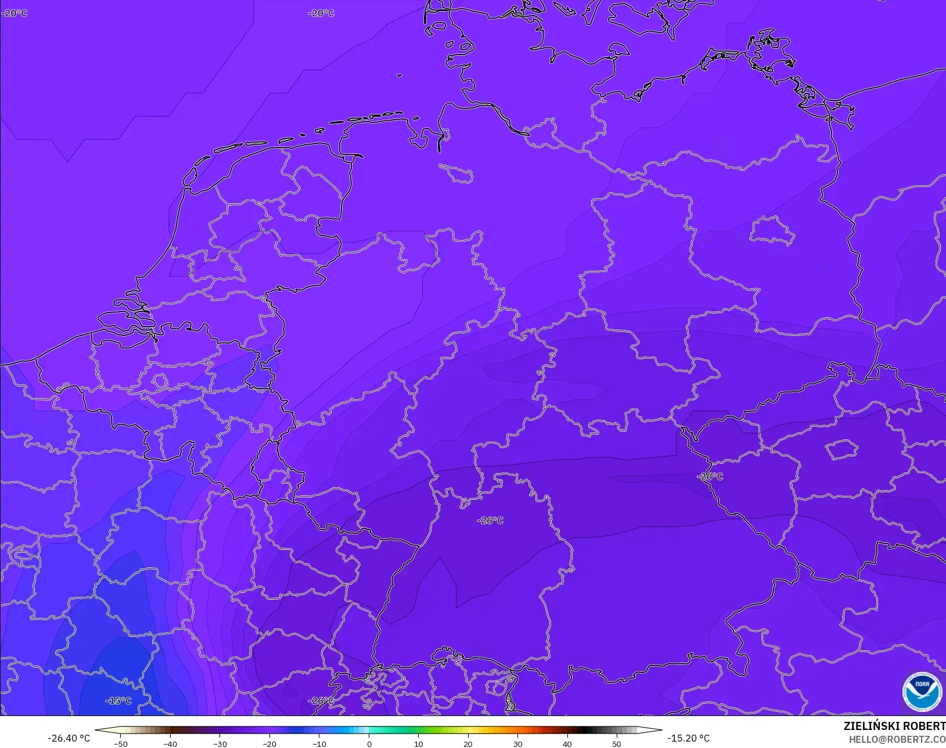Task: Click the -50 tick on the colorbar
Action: pyautogui.click(x=121, y=743)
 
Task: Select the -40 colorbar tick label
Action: pyautogui.click(x=170, y=743)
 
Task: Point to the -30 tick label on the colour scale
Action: pyautogui.click(x=220, y=743)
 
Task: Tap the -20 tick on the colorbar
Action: pyautogui.click(x=269, y=743)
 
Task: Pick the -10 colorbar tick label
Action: pyautogui.click(x=319, y=743)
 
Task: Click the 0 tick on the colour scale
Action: pyautogui.click(x=369, y=743)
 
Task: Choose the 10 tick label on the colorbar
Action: pyautogui.click(x=418, y=743)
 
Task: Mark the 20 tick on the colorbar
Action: pyautogui.click(x=468, y=743)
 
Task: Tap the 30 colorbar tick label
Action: pyautogui.click(x=517, y=743)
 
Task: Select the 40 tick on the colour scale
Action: pyautogui.click(x=567, y=743)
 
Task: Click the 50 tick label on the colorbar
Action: pyautogui.click(x=617, y=743)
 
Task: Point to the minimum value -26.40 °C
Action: pyautogui.click(x=69, y=738)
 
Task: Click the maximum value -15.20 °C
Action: pyautogui.click(x=688, y=738)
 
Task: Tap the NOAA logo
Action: pyautogui.click(x=922, y=690)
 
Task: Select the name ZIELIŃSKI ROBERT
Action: pyautogui.click(x=894, y=726)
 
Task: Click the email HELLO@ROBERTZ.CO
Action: pyautogui.click(x=897, y=739)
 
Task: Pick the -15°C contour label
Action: pyautogui.click(x=118, y=701)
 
